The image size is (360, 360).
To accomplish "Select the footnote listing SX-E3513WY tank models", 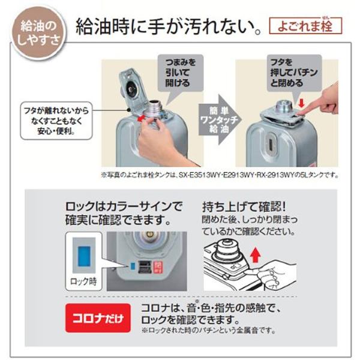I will pos(221,175).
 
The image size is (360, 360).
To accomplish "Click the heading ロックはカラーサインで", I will pos(124,207).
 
